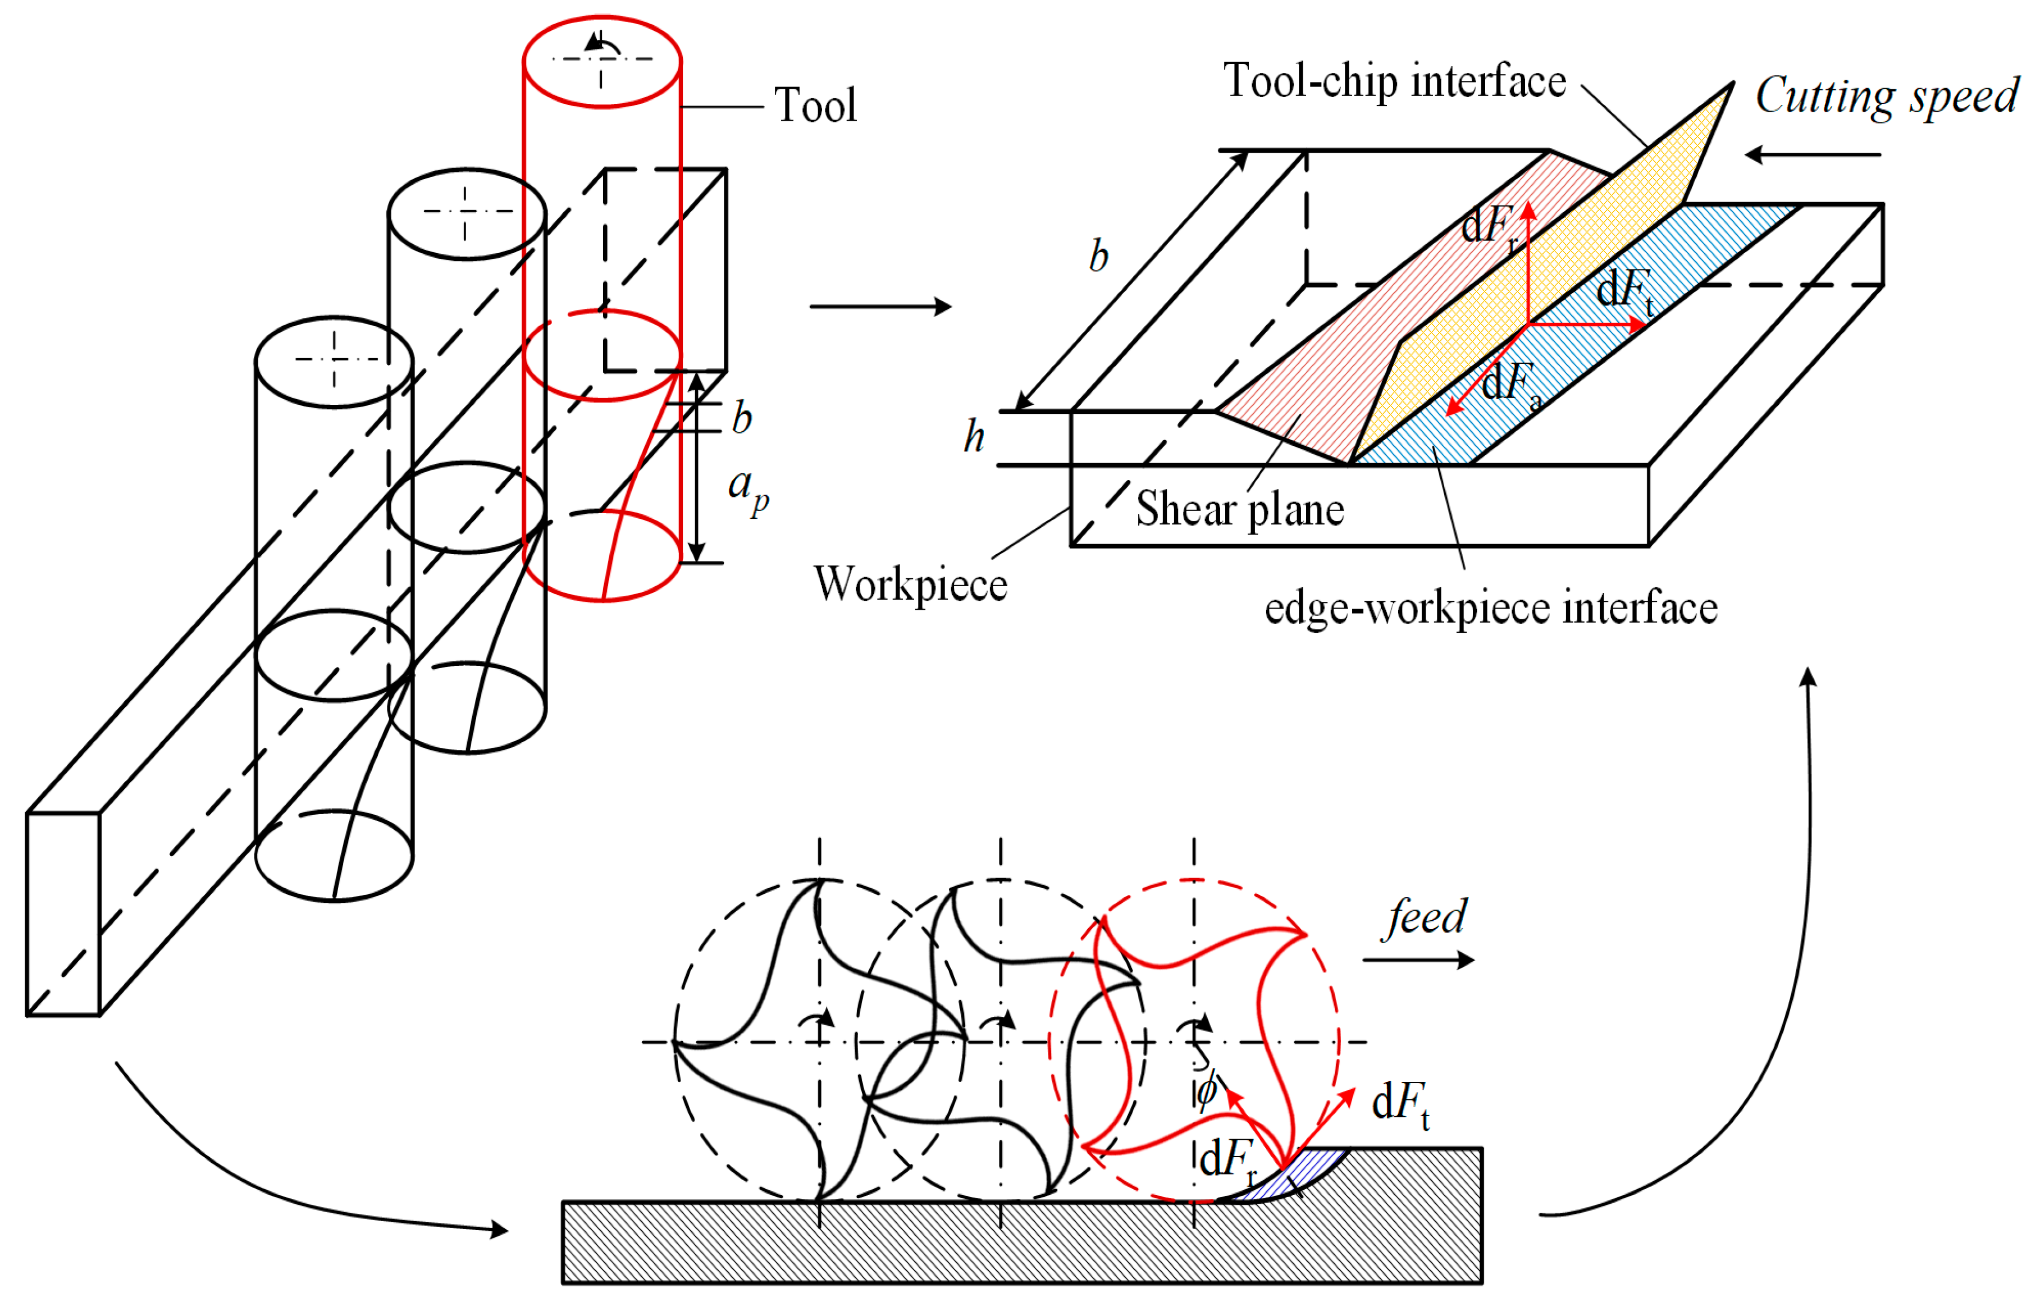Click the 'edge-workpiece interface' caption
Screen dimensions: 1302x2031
tap(1490, 609)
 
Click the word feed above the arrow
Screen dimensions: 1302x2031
tap(1426, 916)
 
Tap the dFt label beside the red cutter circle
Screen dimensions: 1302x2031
tap(1399, 1103)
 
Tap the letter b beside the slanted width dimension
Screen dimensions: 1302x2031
tap(1098, 256)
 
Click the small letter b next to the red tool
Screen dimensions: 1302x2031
tap(742, 418)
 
